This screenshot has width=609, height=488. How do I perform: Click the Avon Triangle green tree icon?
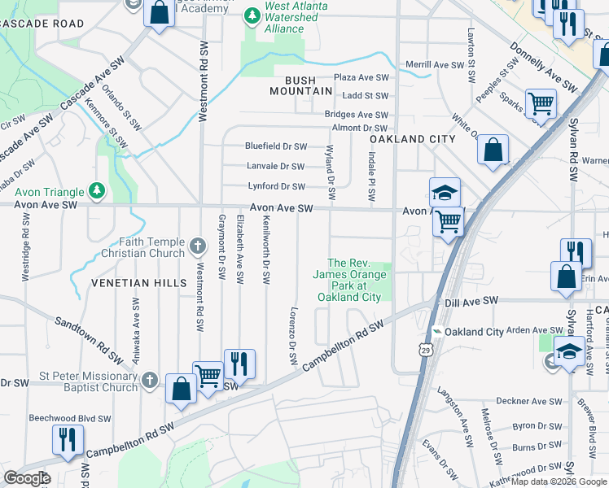point(97,191)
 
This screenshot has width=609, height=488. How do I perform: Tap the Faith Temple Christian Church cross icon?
point(198,245)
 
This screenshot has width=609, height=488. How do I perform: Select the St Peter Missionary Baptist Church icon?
point(149,380)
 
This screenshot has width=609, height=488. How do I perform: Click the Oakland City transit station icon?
point(437,332)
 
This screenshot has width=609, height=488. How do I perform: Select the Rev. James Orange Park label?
point(348,281)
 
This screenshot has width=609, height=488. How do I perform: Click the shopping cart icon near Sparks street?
point(540,103)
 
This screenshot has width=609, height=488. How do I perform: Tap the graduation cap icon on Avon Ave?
point(445,192)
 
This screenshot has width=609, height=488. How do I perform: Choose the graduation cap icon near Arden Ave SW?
point(568,352)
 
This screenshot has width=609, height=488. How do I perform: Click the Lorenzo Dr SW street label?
point(292,335)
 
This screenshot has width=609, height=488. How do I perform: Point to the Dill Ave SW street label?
point(471,302)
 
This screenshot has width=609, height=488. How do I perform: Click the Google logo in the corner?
point(26,478)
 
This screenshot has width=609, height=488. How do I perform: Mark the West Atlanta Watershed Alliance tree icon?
point(253,15)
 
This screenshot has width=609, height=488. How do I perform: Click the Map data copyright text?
point(559,481)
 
